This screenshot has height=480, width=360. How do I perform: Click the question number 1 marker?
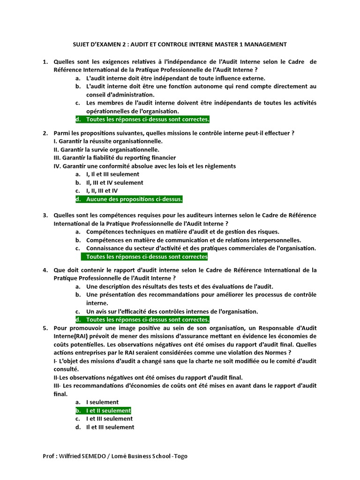coord(45,62)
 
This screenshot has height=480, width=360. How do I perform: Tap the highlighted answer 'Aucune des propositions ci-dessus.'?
coord(134,199)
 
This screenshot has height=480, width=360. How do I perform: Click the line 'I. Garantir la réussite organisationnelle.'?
coord(109,141)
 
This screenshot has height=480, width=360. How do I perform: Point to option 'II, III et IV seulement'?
coord(115,182)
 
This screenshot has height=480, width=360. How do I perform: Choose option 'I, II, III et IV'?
coord(102,191)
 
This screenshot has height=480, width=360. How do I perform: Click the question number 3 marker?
coord(45,215)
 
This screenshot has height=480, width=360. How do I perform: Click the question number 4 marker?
coord(45,270)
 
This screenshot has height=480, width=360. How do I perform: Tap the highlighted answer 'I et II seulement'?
coord(108,411)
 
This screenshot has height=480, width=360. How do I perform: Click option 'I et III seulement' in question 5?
coord(109,419)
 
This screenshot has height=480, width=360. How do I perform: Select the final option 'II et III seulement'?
coord(110,427)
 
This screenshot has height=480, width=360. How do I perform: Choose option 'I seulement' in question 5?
coord(102,402)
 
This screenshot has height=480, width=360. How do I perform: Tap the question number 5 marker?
coord(45,328)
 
